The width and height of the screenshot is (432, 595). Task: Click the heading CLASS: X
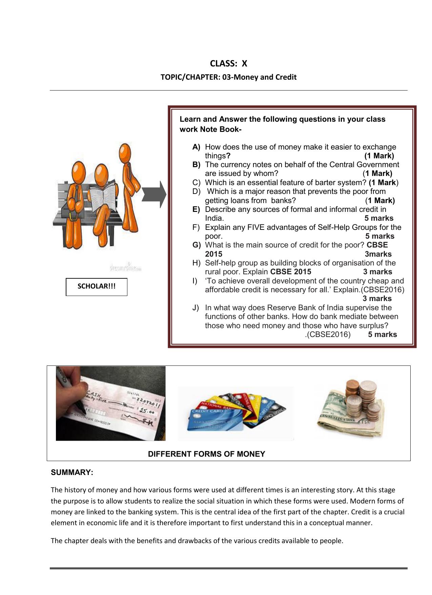click(x=228, y=63)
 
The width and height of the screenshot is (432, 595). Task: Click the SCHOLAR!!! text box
click(x=97, y=286)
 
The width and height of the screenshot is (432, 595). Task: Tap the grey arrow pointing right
click(x=154, y=195)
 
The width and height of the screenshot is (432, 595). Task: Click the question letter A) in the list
click(x=196, y=147)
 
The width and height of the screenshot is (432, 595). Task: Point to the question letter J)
click(x=196, y=308)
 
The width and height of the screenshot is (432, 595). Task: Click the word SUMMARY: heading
click(x=72, y=472)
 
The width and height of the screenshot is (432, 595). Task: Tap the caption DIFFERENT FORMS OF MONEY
click(x=206, y=454)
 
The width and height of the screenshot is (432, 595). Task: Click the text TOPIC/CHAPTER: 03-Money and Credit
click(x=228, y=77)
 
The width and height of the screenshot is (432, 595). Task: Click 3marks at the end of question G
click(x=378, y=254)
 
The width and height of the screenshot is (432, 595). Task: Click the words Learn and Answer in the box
click(x=205, y=119)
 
